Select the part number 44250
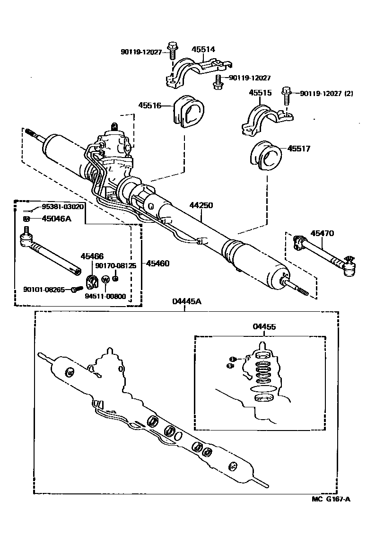pos(201,205)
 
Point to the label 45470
pos(322,233)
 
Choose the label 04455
pos(264,327)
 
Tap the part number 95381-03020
pos(62,207)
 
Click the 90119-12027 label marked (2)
pos(326,93)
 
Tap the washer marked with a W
pos(105,280)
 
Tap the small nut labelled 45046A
pos(27,219)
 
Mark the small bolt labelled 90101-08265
pos(74,290)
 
